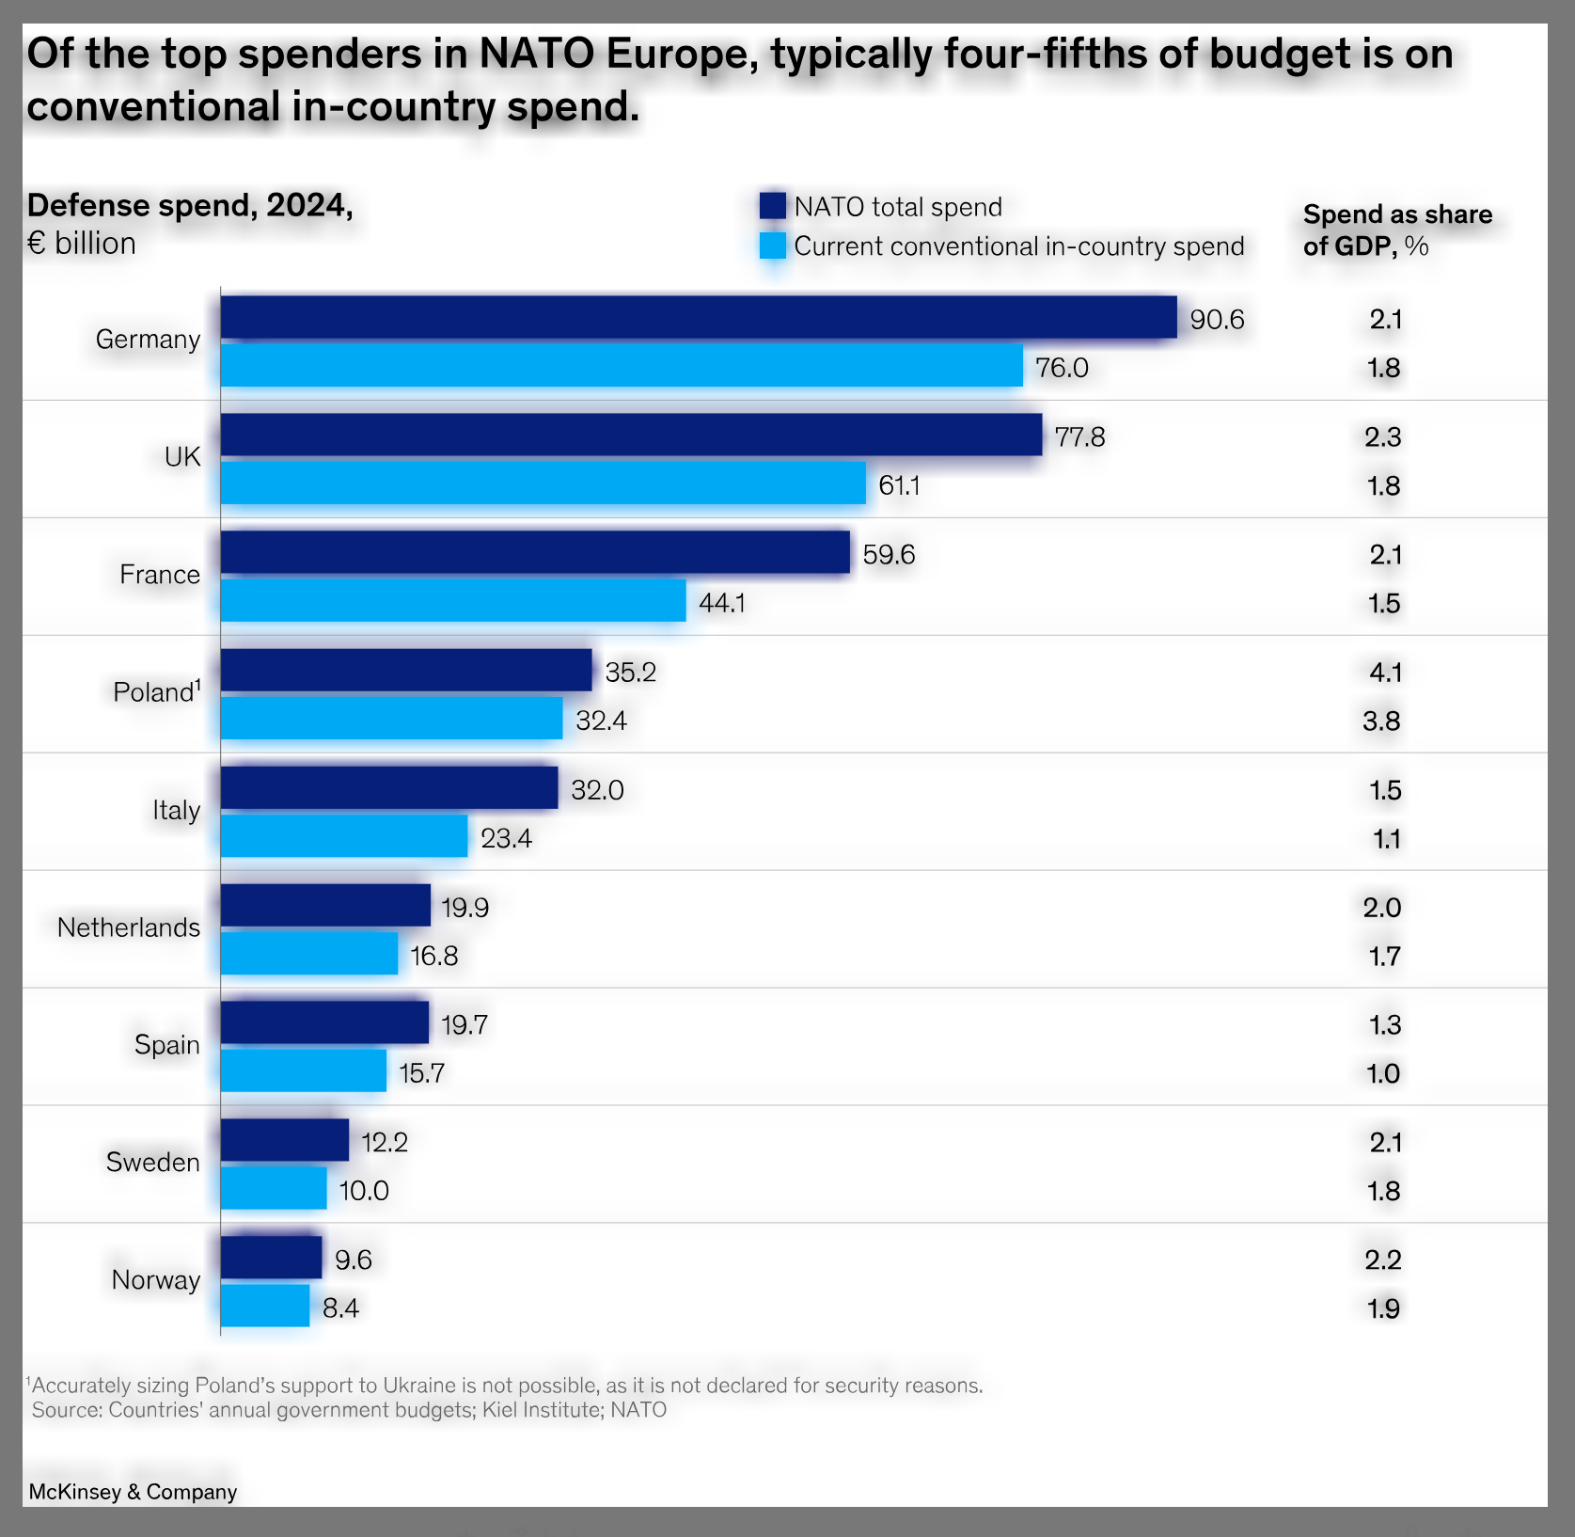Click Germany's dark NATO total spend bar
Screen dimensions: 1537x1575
pyautogui.click(x=699, y=317)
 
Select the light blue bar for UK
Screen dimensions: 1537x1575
pyautogui.click(x=543, y=483)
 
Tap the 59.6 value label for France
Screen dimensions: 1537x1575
pyautogui.click(x=889, y=554)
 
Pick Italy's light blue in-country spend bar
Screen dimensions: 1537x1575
pyautogui.click(x=344, y=835)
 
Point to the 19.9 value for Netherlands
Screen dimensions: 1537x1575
pyautogui.click(x=465, y=908)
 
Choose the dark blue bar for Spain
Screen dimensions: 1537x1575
pyautogui.click(x=324, y=1022)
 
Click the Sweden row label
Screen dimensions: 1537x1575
pyautogui.click(x=152, y=1163)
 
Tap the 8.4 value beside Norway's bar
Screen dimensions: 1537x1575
pyautogui.click(x=340, y=1308)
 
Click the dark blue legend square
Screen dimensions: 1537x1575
pyautogui.click(x=772, y=206)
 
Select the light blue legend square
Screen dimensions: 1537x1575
pyautogui.click(x=772, y=246)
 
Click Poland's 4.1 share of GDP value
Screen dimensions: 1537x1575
pyautogui.click(x=1385, y=673)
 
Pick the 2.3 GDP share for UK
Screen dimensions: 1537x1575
pyautogui.click(x=1383, y=437)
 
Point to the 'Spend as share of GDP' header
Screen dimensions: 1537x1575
pyautogui.click(x=1397, y=230)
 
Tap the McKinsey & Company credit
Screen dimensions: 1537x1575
pyautogui.click(x=133, y=1492)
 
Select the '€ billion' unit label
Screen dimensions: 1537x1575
pyautogui.click(x=82, y=244)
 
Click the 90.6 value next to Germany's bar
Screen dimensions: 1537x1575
pyautogui.click(x=1217, y=320)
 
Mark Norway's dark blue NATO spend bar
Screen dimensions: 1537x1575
pyautogui.click(x=271, y=1258)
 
